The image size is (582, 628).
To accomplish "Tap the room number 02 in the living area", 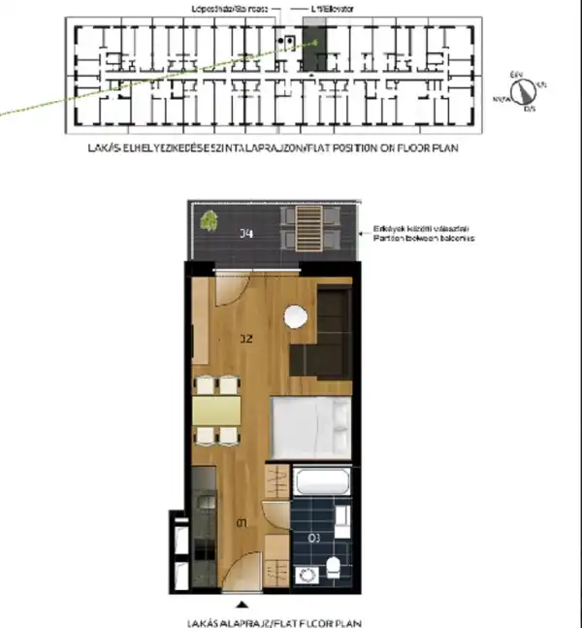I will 245,339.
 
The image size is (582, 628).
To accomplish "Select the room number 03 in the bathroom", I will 313,536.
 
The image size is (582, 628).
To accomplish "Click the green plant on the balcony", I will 208,222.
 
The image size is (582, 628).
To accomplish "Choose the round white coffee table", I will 295,316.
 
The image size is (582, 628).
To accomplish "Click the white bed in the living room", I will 309,426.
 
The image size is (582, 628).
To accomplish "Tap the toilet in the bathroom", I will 333,567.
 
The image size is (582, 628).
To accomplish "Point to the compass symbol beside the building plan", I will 525,91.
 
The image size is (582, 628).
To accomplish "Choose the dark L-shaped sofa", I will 325,330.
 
